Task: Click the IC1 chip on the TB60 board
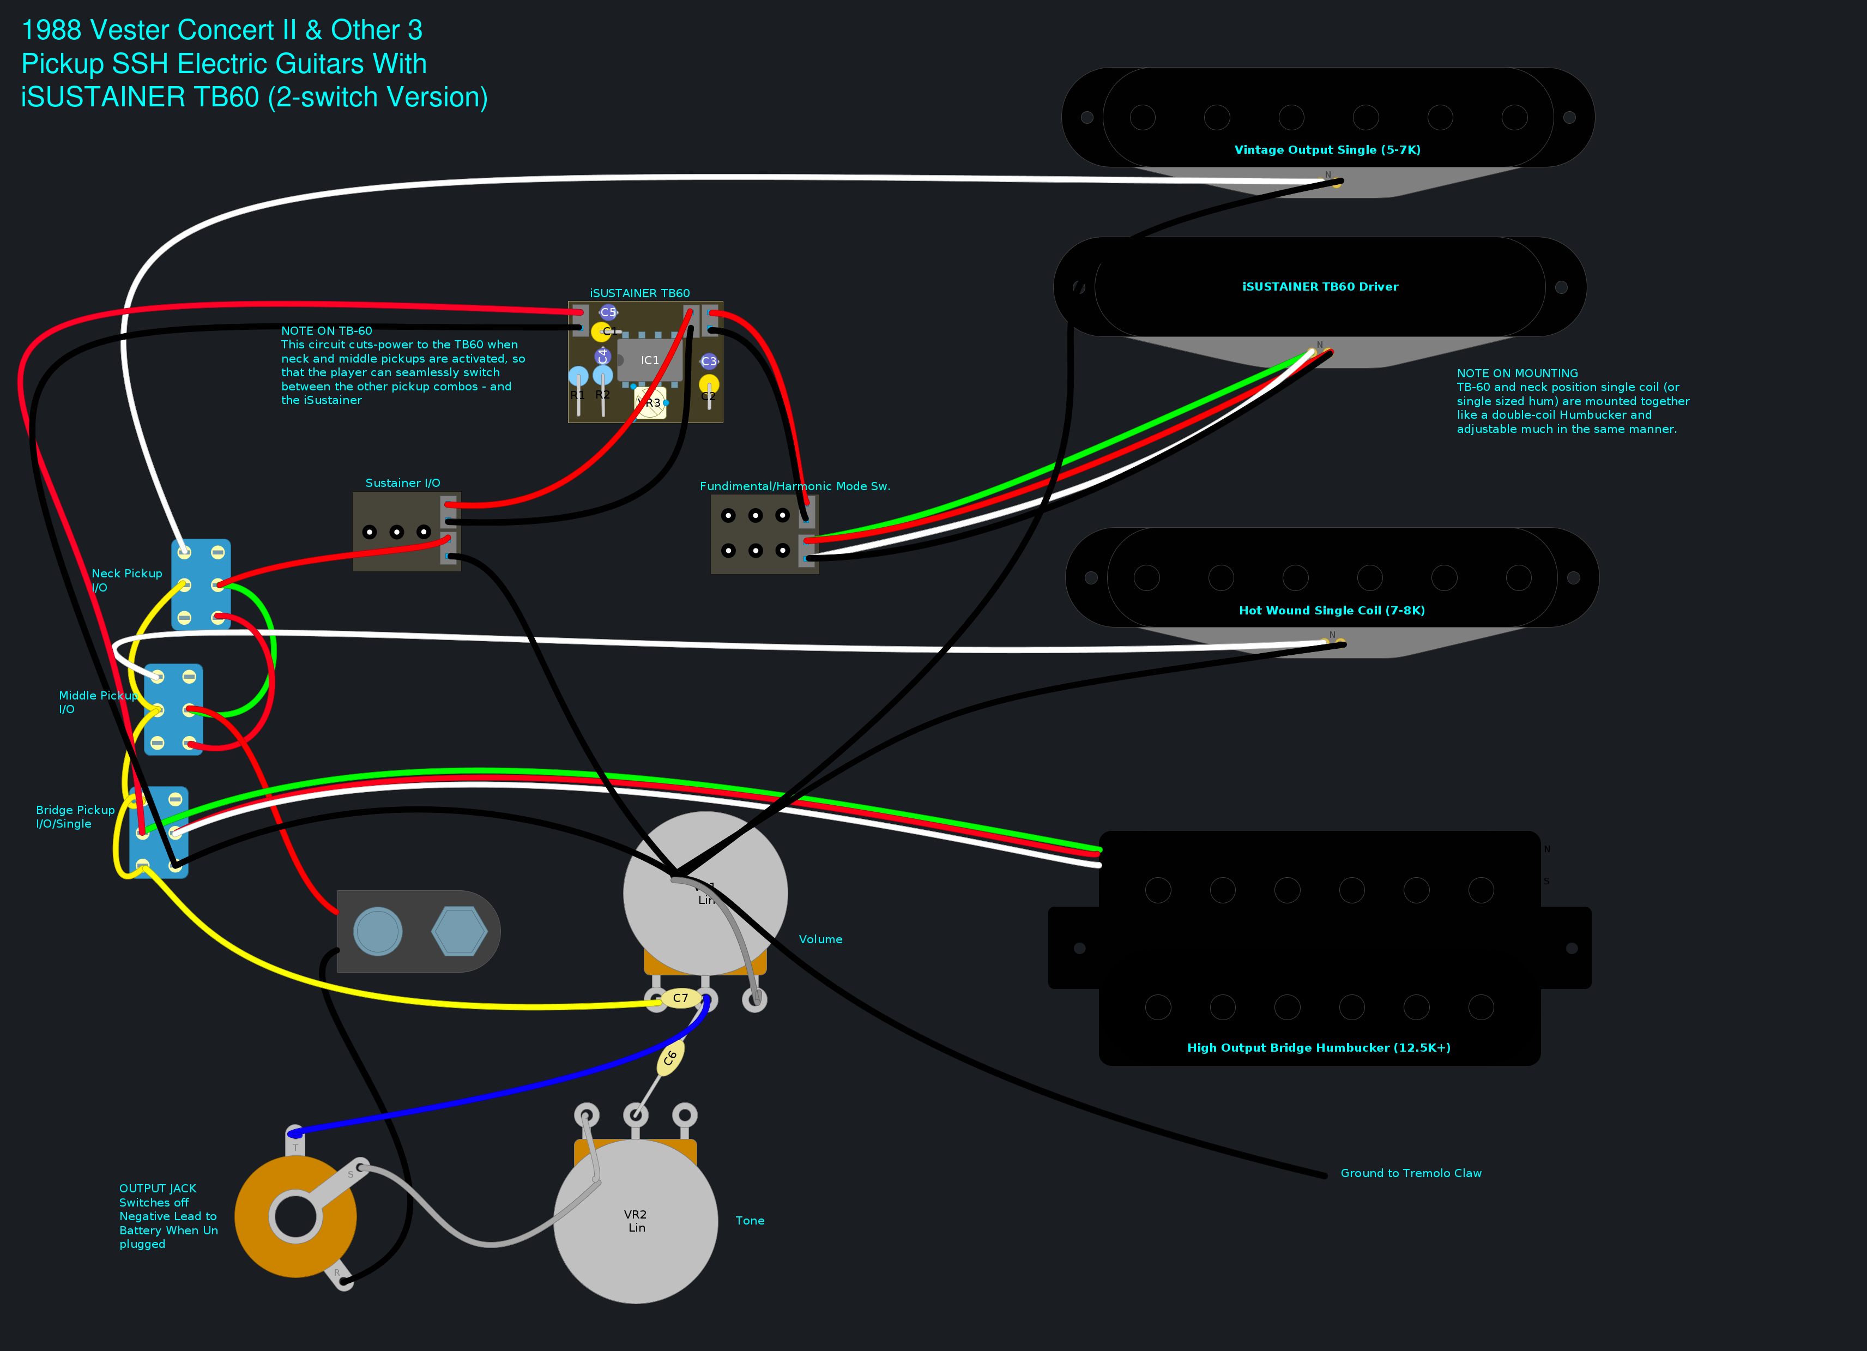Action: tap(650, 360)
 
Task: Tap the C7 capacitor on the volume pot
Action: tap(680, 998)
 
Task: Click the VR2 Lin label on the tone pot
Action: tap(636, 1221)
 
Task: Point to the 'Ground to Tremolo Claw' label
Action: tap(1410, 1173)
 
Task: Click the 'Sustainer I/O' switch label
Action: tap(402, 483)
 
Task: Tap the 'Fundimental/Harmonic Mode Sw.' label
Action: tap(794, 486)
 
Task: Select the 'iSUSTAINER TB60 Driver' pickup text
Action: tap(1320, 286)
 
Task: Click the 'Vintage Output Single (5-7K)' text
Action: tap(1327, 150)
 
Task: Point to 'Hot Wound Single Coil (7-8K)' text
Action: tap(1331, 610)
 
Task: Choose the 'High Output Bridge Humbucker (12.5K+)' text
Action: tap(1318, 1047)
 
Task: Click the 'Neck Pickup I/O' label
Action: tap(126, 580)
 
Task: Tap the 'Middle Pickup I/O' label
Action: tap(97, 702)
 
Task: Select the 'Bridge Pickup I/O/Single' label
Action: tap(75, 817)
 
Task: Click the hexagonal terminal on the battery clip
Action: tap(460, 931)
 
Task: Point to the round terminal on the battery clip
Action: tap(378, 931)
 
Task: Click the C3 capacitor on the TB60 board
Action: tap(709, 361)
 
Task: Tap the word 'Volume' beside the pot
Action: tap(820, 939)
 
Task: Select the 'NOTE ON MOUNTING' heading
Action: tap(1516, 373)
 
